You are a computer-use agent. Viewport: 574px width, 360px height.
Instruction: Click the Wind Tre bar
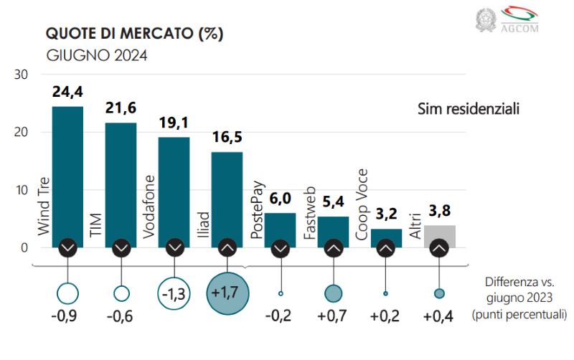[67, 172]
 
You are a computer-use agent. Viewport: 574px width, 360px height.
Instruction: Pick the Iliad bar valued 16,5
[227, 194]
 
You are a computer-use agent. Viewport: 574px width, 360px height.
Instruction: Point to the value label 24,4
[67, 92]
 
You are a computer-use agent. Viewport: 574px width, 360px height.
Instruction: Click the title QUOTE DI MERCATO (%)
[135, 34]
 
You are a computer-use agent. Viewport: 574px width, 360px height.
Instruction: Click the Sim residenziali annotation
[468, 109]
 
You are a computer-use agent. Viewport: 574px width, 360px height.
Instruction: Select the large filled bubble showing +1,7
[227, 293]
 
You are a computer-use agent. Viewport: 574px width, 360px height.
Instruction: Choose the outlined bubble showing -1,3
[174, 293]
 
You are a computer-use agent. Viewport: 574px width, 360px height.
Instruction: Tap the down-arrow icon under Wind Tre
[67, 247]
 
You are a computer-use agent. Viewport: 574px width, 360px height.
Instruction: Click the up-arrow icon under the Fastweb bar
[333, 247]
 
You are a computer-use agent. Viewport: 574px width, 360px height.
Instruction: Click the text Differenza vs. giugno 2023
[519, 297]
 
